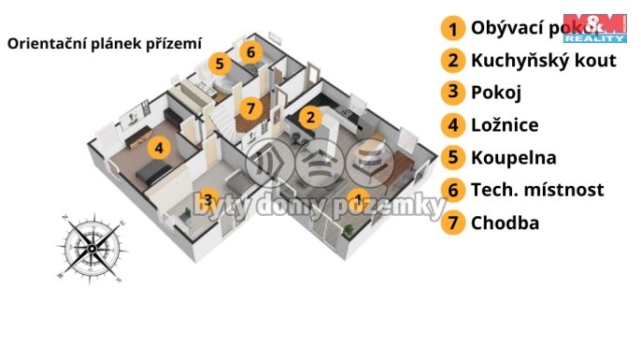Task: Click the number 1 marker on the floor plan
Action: point(357,198)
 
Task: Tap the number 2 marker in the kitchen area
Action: point(311,117)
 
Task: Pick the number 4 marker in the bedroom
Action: point(160,147)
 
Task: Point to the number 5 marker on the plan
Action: point(219,64)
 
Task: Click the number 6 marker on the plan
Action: point(250,51)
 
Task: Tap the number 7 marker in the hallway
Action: point(249,108)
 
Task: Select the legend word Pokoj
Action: point(496,93)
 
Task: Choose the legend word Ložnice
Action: point(505,124)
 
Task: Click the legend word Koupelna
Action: point(513,157)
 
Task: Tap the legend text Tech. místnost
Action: point(537,190)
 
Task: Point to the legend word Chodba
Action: point(506,223)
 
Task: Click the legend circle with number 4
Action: point(453,125)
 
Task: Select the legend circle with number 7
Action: point(453,223)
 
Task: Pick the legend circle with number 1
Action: point(453,28)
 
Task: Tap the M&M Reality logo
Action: point(593,29)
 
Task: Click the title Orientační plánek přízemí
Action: point(104,42)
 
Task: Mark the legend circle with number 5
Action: point(453,158)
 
